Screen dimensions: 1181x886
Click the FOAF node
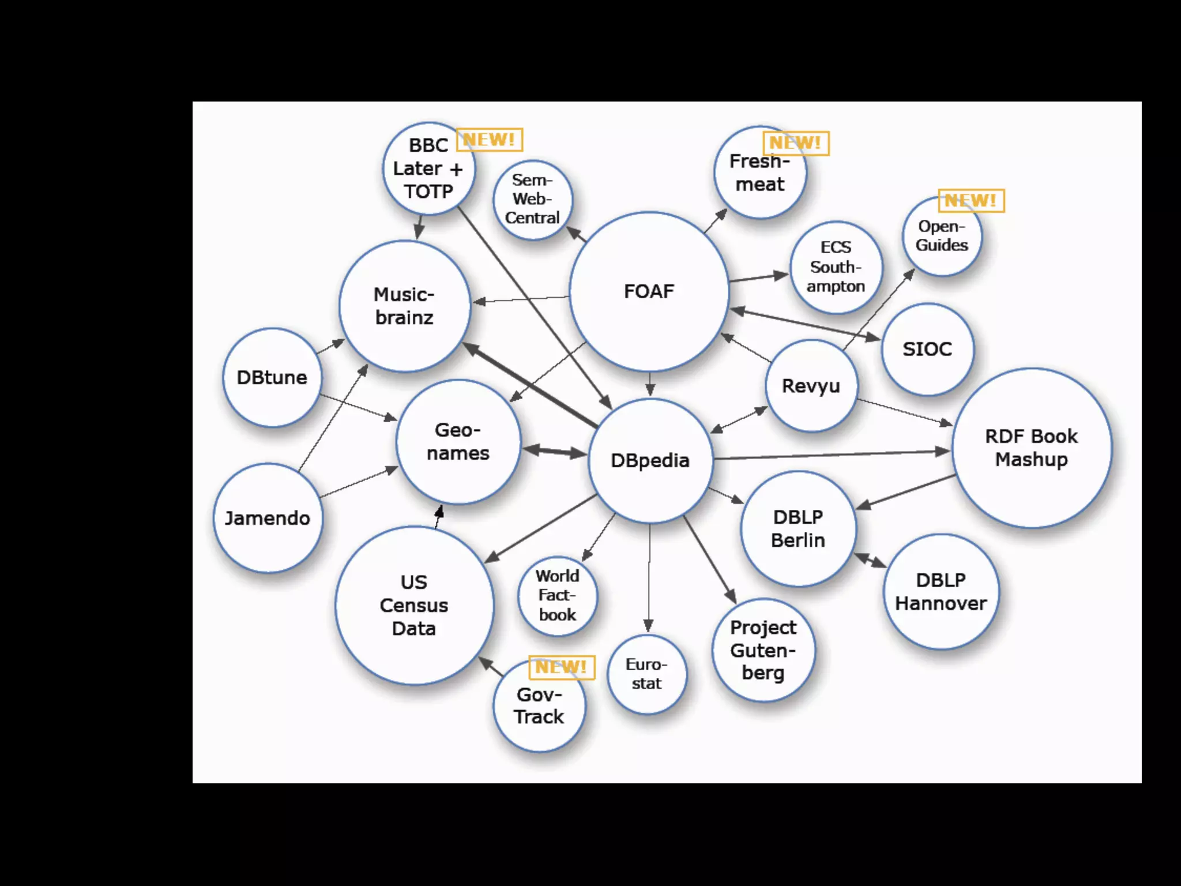tap(649, 292)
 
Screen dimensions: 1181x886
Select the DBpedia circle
tap(650, 460)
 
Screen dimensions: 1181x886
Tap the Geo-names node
tap(458, 442)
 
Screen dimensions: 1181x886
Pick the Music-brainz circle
tap(404, 306)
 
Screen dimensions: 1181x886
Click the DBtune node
tap(272, 378)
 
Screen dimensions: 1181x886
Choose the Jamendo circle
tap(268, 518)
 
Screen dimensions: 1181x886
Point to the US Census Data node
tap(414, 605)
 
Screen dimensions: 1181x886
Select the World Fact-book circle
tap(558, 596)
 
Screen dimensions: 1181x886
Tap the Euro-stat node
tap(647, 674)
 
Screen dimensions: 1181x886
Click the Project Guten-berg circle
tap(763, 650)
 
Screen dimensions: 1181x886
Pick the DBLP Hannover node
tap(941, 592)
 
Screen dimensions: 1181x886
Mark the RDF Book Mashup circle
tap(1031, 448)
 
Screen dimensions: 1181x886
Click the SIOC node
tap(927, 349)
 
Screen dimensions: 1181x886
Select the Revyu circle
tap(811, 386)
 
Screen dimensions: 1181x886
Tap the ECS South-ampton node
tap(836, 267)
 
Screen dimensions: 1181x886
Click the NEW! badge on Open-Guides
tap(971, 201)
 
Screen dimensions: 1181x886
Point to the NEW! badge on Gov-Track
tap(561, 667)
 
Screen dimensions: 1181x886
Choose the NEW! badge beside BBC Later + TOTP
tap(489, 140)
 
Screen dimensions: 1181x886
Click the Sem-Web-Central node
tap(532, 200)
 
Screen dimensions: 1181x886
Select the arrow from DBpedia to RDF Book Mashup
tap(830, 455)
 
